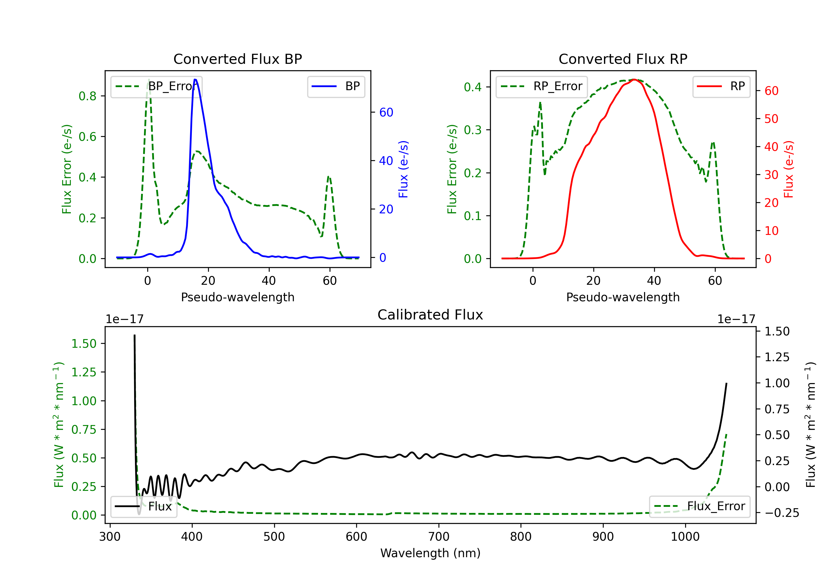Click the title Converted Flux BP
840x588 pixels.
[237, 59]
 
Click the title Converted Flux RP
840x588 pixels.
[623, 59]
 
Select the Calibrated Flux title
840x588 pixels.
[430, 315]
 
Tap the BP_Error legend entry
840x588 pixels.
[156, 86]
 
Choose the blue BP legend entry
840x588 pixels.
[336, 86]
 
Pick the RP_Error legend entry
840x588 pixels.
[542, 86]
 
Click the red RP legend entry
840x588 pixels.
[721, 86]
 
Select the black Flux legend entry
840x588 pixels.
[144, 507]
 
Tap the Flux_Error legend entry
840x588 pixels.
[699, 507]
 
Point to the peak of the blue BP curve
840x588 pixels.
[195, 80]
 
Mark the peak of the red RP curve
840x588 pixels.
[634, 80]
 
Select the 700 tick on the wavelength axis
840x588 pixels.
[439, 537]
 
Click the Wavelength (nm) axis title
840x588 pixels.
[430, 553]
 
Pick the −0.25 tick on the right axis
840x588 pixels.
[782, 513]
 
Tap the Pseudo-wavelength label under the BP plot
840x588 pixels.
[237, 297]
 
